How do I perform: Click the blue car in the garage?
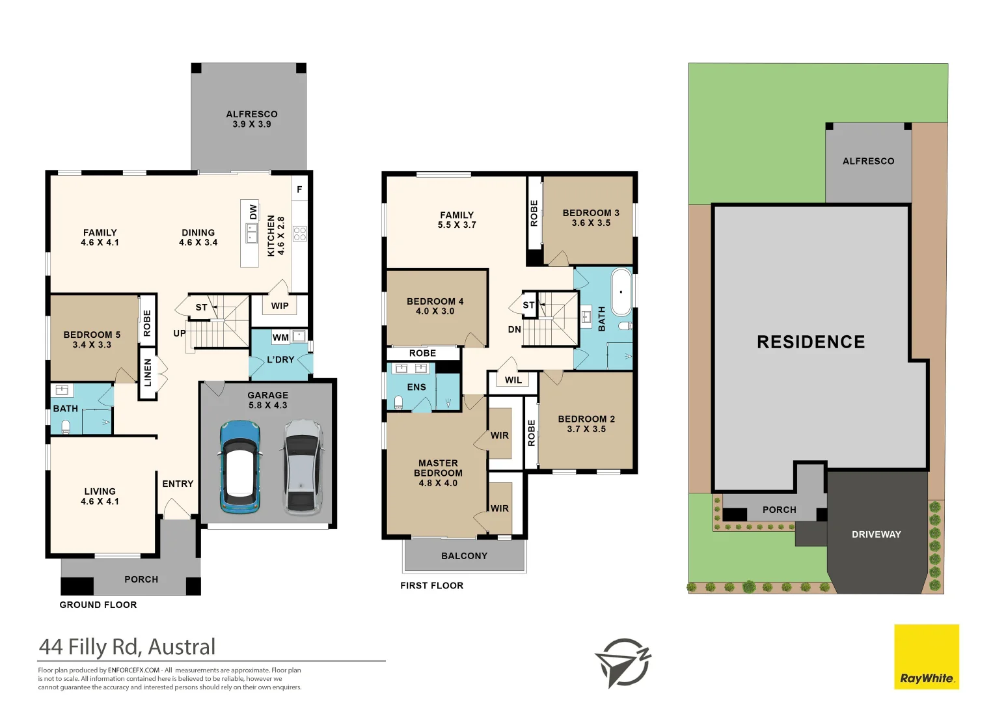240,467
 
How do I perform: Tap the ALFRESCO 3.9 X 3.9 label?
252,119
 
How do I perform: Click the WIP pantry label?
280,306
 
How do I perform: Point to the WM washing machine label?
280,337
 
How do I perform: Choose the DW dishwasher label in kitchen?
253,212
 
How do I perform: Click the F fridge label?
299,189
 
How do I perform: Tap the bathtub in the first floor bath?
621,292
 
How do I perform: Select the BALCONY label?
464,556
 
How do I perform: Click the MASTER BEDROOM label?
438,473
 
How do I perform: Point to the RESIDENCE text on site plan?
811,342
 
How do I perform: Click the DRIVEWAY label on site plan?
876,534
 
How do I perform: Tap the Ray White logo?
926,657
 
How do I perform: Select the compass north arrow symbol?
623,663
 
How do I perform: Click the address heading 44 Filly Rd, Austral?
127,647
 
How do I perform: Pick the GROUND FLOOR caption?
98,605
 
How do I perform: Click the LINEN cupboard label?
148,372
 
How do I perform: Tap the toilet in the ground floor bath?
66,426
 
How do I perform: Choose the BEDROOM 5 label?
92,339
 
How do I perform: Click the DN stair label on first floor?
514,329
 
